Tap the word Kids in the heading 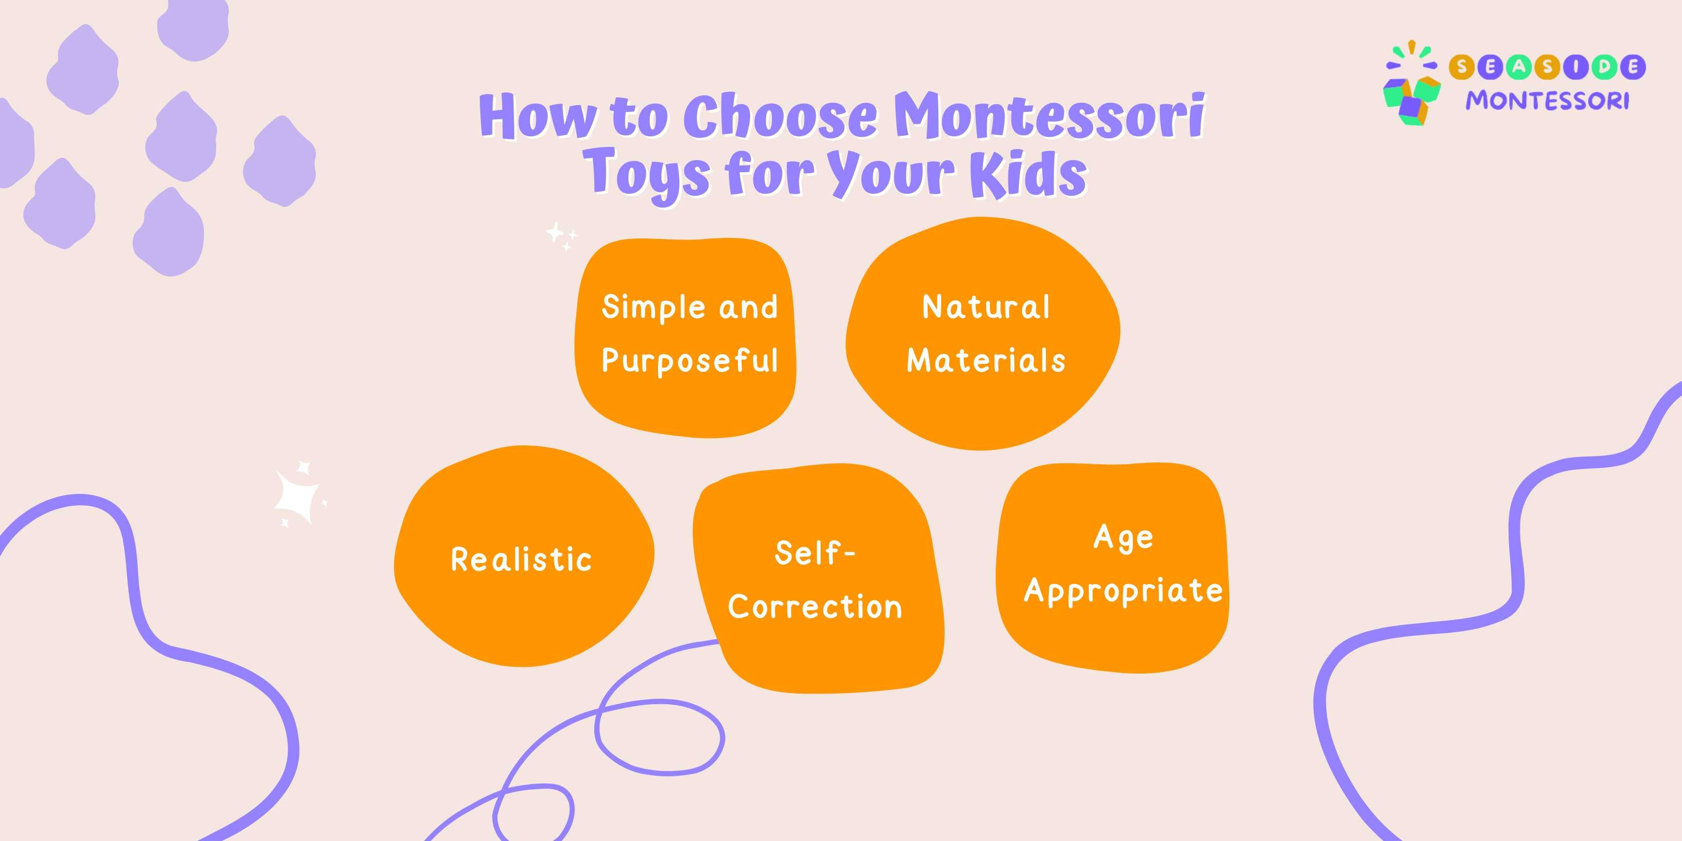[x=1028, y=173]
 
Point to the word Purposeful [x=690, y=361]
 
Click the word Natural [x=986, y=307]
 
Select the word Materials [x=986, y=361]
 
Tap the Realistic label [x=521, y=560]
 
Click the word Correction [x=815, y=606]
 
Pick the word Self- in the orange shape [x=815, y=553]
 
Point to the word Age [x=1123, y=538]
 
